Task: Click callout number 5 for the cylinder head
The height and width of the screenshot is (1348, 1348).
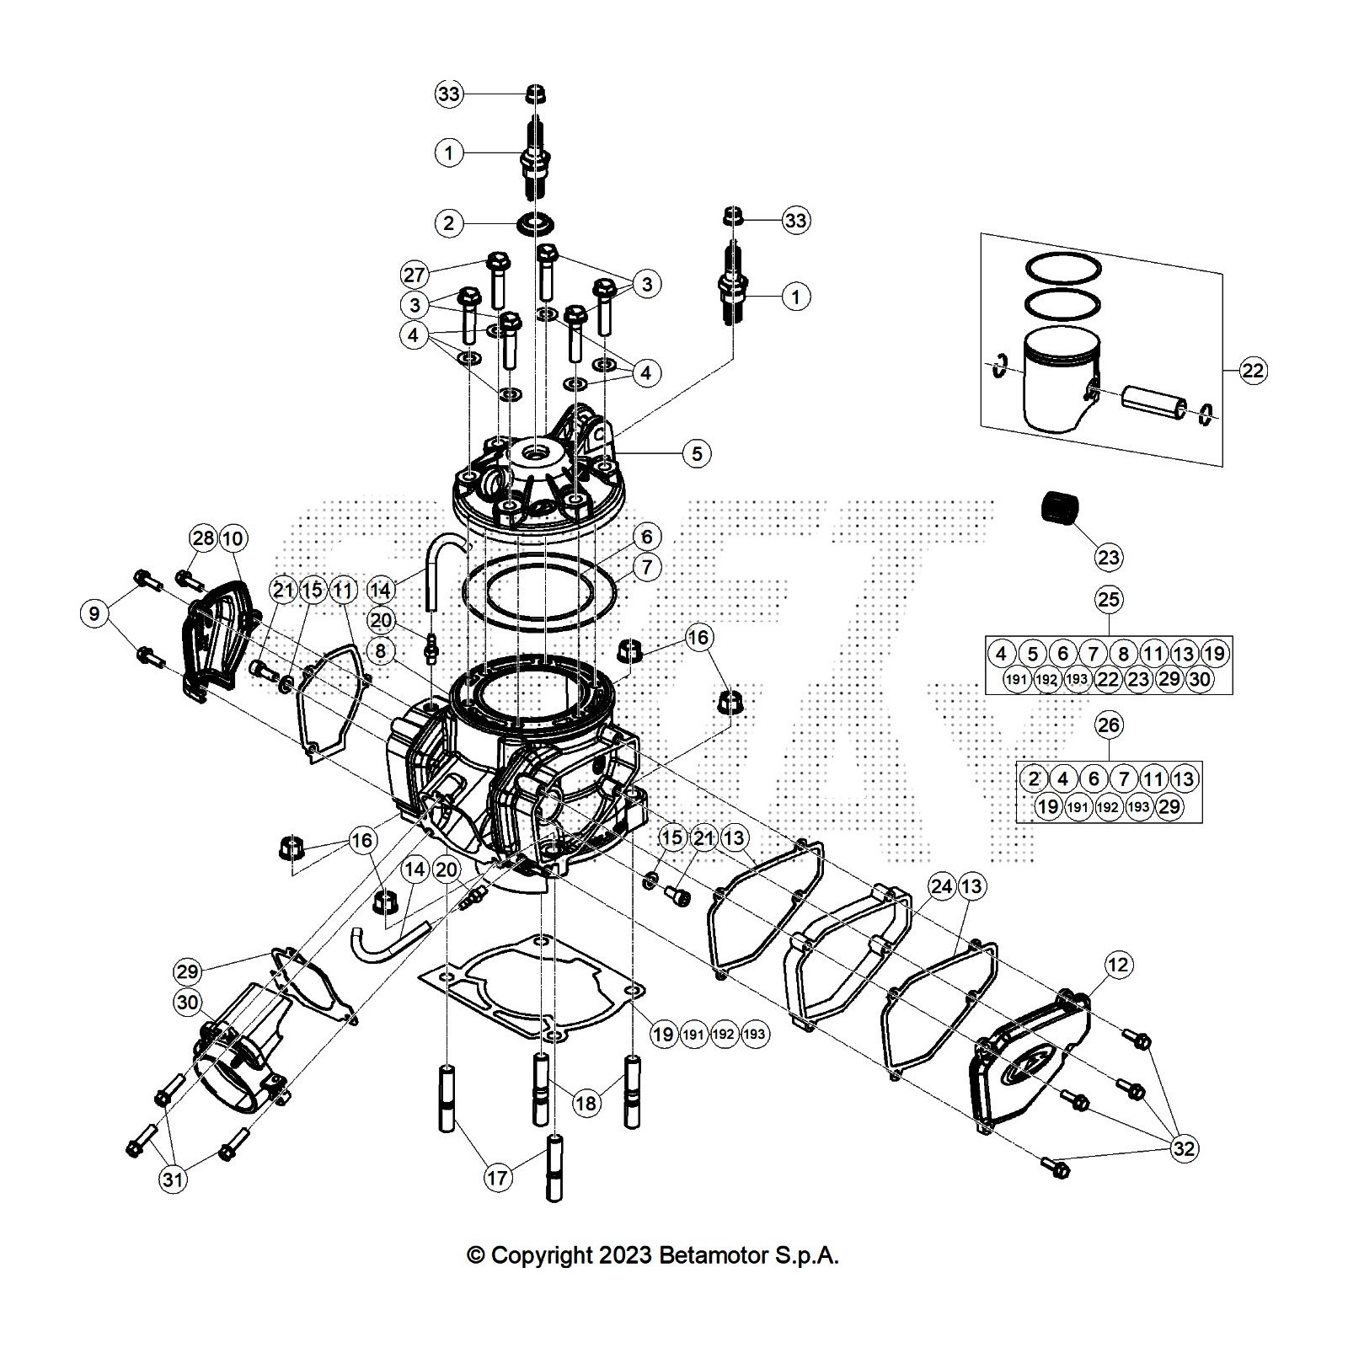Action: tap(697, 453)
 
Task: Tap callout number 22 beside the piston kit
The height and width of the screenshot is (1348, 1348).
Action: tap(1254, 370)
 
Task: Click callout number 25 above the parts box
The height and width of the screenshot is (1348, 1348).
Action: tap(1109, 599)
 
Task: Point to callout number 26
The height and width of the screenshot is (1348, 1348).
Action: tap(1109, 725)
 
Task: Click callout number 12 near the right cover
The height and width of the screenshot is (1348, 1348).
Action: tap(1118, 965)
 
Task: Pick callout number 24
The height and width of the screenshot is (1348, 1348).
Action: tap(941, 885)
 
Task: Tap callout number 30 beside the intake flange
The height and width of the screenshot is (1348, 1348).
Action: tap(187, 1003)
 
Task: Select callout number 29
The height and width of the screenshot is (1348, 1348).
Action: tap(187, 971)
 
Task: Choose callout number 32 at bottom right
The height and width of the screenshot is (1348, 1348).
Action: tap(1184, 1148)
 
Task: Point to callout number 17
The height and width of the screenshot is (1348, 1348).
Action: tap(497, 1176)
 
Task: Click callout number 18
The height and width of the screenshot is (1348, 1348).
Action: tap(586, 1103)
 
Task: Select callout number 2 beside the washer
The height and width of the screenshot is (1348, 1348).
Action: tap(448, 223)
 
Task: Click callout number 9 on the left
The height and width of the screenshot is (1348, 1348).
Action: tap(94, 613)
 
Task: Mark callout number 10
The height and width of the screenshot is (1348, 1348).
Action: tap(233, 538)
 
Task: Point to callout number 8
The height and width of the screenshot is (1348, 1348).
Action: tap(381, 651)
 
